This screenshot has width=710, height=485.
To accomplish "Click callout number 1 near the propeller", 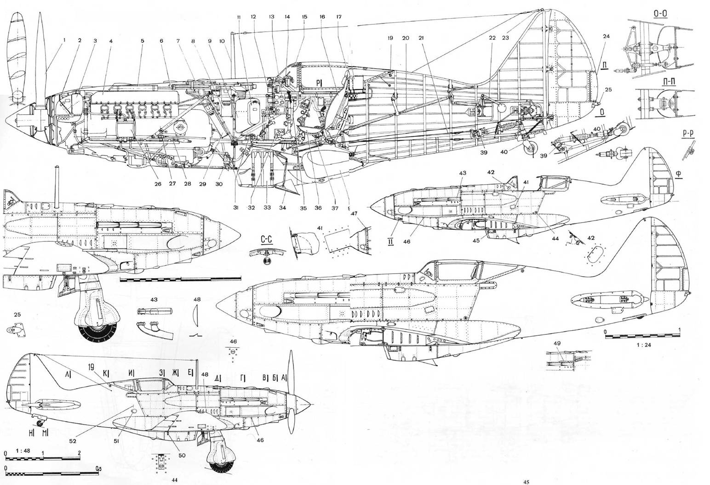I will pos(64,40).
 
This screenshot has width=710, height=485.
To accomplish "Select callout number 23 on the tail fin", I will pos(505,38).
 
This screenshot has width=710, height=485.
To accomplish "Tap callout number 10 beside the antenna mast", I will pos(223,41).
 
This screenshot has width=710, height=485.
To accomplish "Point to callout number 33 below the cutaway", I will pos(267,208).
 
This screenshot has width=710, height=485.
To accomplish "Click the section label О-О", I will pos(660,13).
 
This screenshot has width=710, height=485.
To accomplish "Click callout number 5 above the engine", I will pos(143,41).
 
